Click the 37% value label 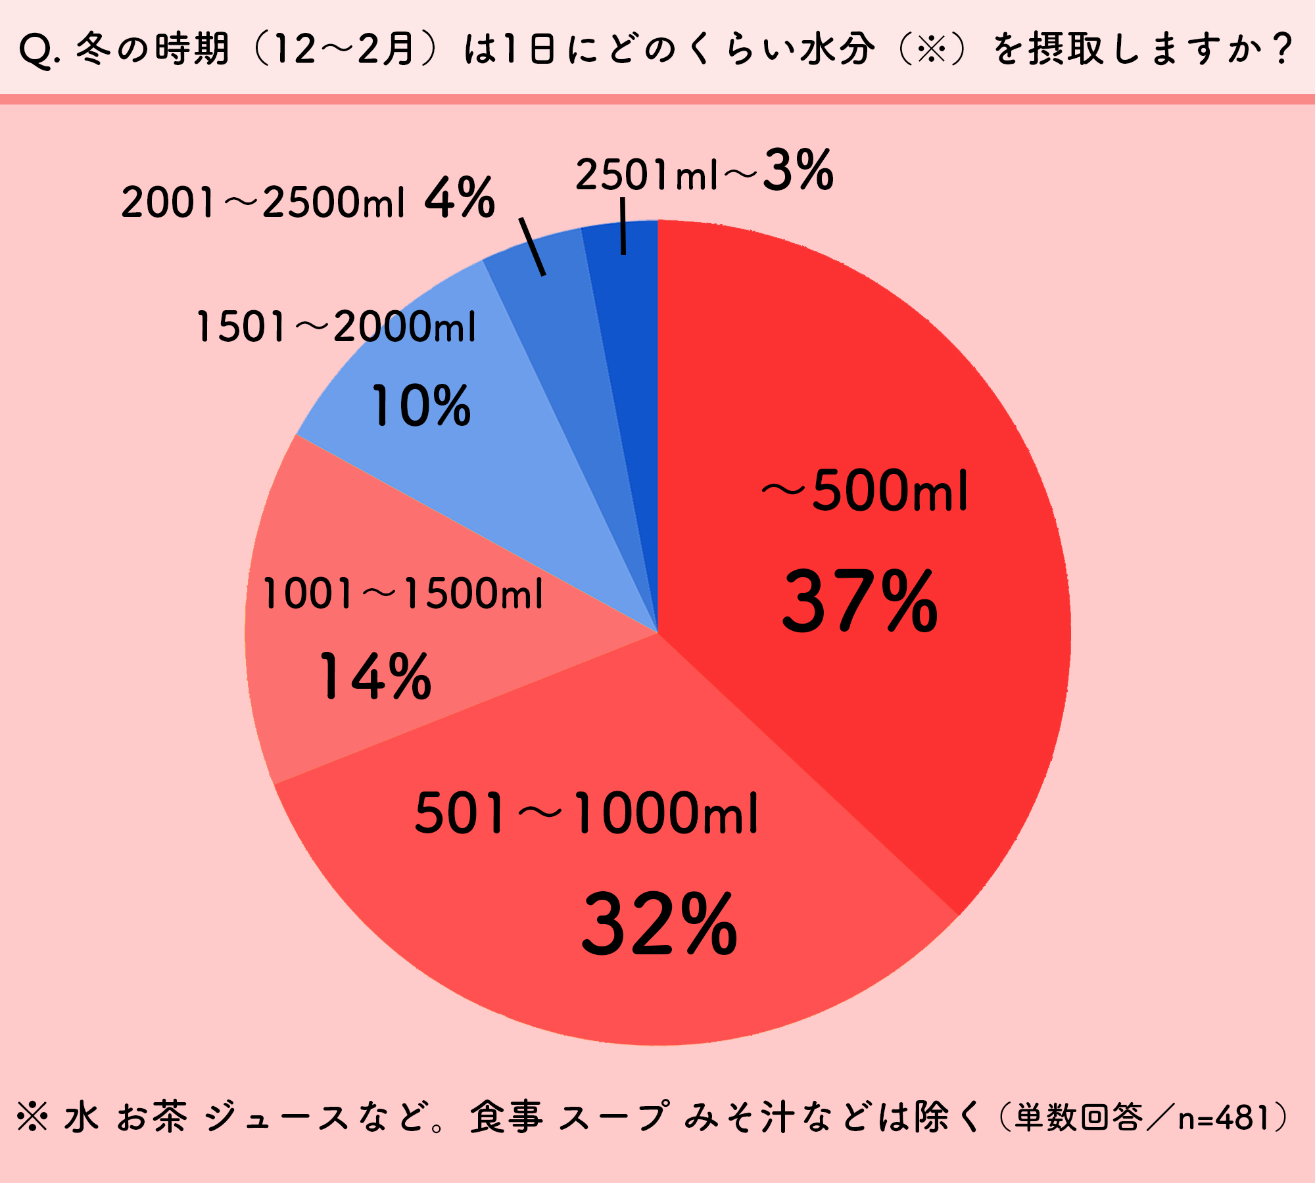(860, 602)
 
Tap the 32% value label (659, 925)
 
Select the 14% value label (375, 676)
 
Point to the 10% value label (421, 406)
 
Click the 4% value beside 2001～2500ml (460, 198)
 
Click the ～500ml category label (865, 491)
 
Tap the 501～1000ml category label (586, 814)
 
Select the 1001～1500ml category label (402, 593)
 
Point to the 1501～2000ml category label (336, 327)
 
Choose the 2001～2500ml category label (263, 202)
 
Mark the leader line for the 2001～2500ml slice (533, 246)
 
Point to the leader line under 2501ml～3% (623, 227)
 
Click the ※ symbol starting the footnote (33, 1117)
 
